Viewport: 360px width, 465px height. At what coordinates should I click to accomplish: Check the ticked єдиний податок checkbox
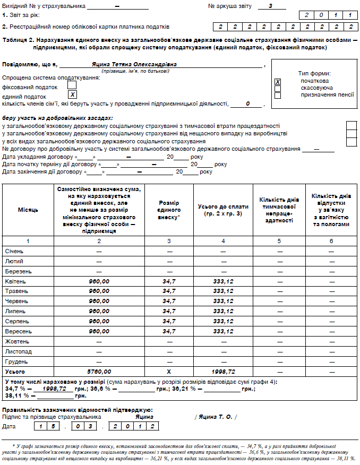(x=73, y=94)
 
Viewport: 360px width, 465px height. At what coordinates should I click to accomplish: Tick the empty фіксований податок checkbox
(x=72, y=85)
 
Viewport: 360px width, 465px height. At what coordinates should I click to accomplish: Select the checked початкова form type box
(x=278, y=82)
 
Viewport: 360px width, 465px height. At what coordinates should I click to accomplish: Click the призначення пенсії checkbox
(x=278, y=96)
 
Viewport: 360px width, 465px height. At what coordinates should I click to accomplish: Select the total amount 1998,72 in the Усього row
(x=223, y=372)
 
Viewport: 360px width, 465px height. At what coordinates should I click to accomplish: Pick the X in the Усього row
(x=169, y=372)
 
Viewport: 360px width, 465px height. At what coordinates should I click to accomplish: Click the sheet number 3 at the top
(x=270, y=5)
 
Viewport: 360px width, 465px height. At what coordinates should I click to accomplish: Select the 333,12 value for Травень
(x=223, y=291)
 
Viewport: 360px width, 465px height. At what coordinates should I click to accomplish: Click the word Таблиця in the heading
(x=14, y=40)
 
